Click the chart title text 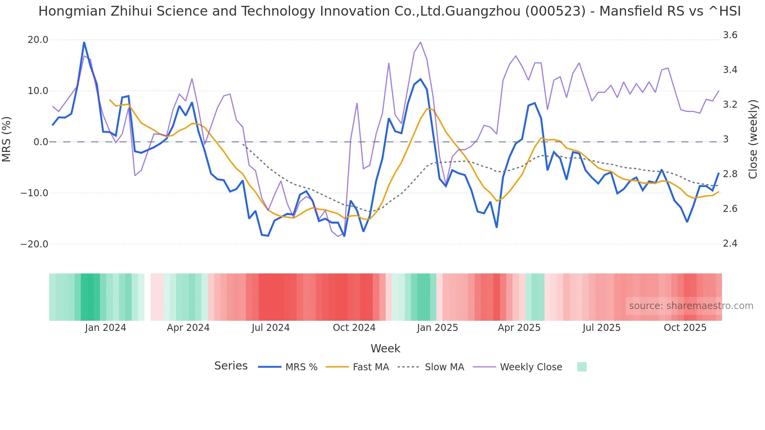pyautogui.click(x=389, y=11)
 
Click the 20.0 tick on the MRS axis pyautogui.click(x=38, y=40)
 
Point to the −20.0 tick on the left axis pyautogui.click(x=34, y=244)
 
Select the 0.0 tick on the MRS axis pyautogui.click(x=41, y=142)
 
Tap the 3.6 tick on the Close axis pyautogui.click(x=730, y=35)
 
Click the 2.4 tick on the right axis pyautogui.click(x=730, y=243)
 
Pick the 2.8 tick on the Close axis pyautogui.click(x=730, y=174)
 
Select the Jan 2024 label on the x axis pyautogui.click(x=105, y=328)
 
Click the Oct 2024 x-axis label pyautogui.click(x=354, y=328)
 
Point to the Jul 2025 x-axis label pyautogui.click(x=601, y=328)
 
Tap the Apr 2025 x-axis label pyautogui.click(x=519, y=328)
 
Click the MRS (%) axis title pyautogui.click(x=7, y=139)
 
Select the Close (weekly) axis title pyautogui.click(x=753, y=139)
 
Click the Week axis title pyautogui.click(x=385, y=348)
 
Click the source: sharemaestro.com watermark pyautogui.click(x=691, y=306)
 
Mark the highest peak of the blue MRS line pyautogui.click(x=84, y=42)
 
